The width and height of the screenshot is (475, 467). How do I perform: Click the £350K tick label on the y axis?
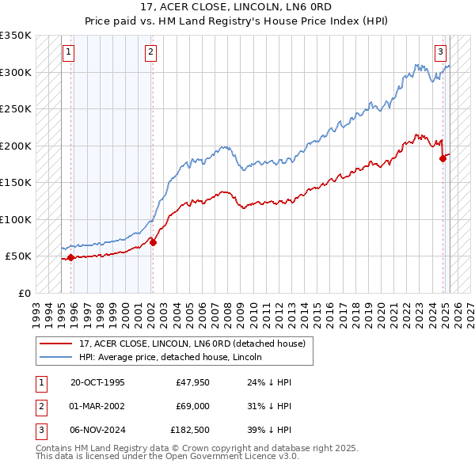(16, 36)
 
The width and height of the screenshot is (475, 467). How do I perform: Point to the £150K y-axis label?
(16, 183)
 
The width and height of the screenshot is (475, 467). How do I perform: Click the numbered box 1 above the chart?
(69, 53)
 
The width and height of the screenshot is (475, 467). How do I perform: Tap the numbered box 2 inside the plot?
(150, 53)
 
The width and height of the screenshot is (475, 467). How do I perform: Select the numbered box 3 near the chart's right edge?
(440, 53)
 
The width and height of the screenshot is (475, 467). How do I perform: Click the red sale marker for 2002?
(153, 242)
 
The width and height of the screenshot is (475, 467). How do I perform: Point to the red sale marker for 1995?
(71, 257)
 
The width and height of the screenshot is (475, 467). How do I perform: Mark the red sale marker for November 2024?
(443, 158)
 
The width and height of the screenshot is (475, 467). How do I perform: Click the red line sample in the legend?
(56, 344)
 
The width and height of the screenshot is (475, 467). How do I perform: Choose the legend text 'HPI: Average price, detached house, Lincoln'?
(170, 357)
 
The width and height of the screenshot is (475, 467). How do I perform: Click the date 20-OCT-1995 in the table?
(97, 382)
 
